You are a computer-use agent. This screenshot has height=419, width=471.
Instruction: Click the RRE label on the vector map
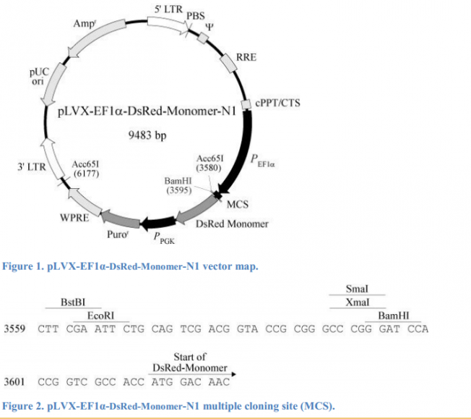click(x=246, y=57)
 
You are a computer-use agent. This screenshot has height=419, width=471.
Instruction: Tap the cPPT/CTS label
click(x=277, y=103)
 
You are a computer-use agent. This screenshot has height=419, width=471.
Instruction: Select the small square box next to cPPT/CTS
click(x=246, y=104)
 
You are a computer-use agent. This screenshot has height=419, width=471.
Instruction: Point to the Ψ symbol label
click(x=209, y=27)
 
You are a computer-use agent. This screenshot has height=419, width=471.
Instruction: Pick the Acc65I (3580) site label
click(x=210, y=163)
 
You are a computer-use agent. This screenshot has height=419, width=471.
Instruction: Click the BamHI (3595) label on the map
click(x=178, y=185)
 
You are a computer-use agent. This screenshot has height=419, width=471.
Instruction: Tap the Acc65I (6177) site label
click(x=86, y=169)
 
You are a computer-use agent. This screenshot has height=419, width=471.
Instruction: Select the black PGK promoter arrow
click(x=159, y=223)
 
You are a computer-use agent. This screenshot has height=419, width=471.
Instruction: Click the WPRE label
click(x=74, y=217)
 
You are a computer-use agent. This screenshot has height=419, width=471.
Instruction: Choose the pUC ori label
click(x=39, y=77)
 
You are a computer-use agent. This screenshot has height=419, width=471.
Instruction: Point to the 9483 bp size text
click(x=147, y=135)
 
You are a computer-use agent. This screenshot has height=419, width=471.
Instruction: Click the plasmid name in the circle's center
click(x=147, y=111)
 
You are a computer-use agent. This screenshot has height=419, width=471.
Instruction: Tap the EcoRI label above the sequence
click(x=100, y=316)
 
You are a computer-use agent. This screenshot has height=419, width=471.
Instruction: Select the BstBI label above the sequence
click(x=73, y=302)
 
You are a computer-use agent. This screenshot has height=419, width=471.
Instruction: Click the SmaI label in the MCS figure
click(x=357, y=289)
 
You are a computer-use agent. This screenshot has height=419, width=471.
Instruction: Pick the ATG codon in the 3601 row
click(x=163, y=381)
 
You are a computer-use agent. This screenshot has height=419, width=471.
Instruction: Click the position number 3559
click(x=14, y=329)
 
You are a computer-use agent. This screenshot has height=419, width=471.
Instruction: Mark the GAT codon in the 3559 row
click(x=389, y=329)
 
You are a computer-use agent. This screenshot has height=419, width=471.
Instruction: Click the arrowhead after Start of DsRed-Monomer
click(x=233, y=374)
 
